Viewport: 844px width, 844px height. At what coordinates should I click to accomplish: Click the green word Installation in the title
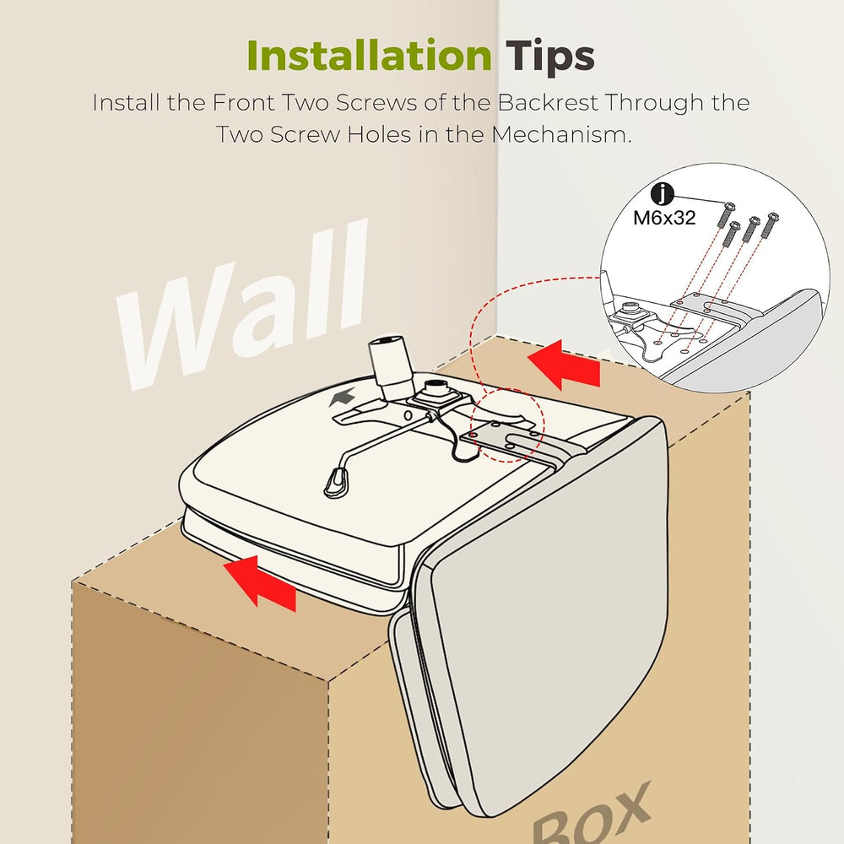pyautogui.click(x=370, y=56)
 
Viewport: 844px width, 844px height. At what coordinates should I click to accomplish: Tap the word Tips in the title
pyautogui.click(x=549, y=57)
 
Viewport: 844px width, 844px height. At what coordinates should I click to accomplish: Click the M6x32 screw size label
pyautogui.click(x=664, y=218)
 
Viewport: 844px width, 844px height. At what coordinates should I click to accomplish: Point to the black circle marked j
pyautogui.click(x=662, y=193)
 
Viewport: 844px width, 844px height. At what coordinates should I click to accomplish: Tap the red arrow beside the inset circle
pyautogui.click(x=564, y=365)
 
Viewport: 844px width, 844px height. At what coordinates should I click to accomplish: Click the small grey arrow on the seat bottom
pyautogui.click(x=343, y=397)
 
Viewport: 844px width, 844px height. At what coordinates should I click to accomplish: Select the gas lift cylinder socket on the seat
pyautogui.click(x=390, y=362)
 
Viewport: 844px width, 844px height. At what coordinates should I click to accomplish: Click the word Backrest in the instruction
pyautogui.click(x=548, y=102)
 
